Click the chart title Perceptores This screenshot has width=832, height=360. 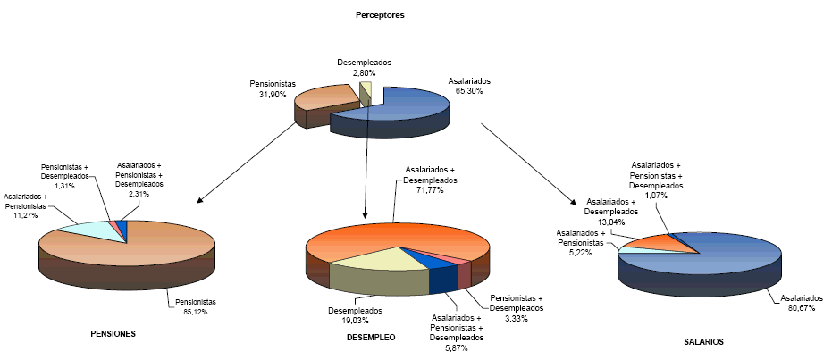(x=380, y=14)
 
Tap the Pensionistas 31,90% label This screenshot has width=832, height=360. (x=272, y=89)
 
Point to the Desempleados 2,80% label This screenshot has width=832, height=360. (x=364, y=67)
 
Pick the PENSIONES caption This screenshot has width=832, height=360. (x=113, y=334)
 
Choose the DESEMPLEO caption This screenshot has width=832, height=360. (x=370, y=338)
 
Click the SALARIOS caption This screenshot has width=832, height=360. (x=703, y=341)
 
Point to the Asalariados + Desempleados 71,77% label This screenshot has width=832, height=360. (x=430, y=180)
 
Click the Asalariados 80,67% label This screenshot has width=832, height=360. (x=798, y=303)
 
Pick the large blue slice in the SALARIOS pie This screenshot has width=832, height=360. (x=715, y=259)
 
